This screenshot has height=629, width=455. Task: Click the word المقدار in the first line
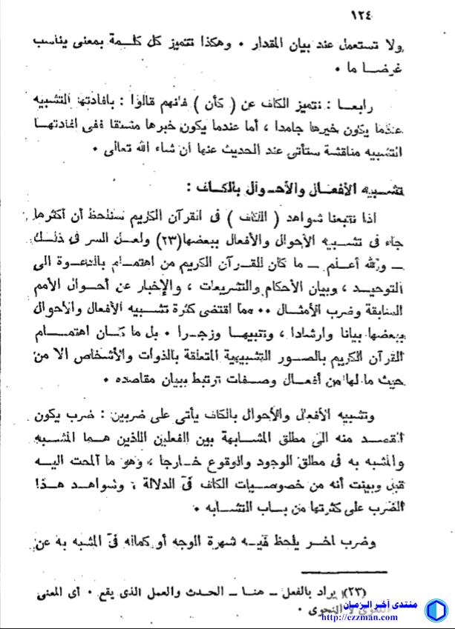click(257, 39)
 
